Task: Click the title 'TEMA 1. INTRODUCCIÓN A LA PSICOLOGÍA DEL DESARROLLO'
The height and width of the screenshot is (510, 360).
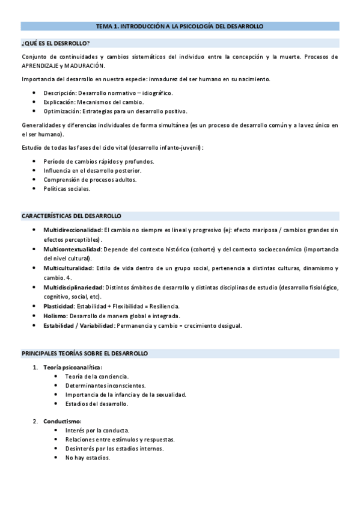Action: pyautogui.click(x=180, y=26)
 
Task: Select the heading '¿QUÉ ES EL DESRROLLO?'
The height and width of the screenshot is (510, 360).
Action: pyautogui.click(x=55, y=43)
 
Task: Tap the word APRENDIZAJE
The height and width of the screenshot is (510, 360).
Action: pyautogui.click(x=41, y=66)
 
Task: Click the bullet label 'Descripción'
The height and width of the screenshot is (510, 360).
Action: pyautogui.click(x=59, y=93)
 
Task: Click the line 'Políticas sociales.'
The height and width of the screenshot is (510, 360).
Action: pyautogui.click(x=67, y=189)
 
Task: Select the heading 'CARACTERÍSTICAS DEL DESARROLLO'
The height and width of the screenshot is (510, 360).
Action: pyautogui.click(x=72, y=215)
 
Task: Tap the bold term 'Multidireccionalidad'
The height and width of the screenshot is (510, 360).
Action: pyautogui.click(x=73, y=230)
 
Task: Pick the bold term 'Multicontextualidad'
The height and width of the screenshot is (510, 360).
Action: pyautogui.click(x=72, y=249)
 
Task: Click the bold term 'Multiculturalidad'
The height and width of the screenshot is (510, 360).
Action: pyautogui.click(x=68, y=268)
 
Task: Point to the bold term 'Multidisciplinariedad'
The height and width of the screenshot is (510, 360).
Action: pyautogui.click(x=73, y=287)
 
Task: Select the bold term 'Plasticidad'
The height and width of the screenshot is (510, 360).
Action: pyautogui.click(x=59, y=306)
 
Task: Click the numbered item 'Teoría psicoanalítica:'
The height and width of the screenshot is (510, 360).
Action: pyautogui.click(x=73, y=367)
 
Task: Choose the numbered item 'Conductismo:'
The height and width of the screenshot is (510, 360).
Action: pyautogui.click(x=63, y=421)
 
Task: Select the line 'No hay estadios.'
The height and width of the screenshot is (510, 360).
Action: pyautogui.click(x=88, y=458)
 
